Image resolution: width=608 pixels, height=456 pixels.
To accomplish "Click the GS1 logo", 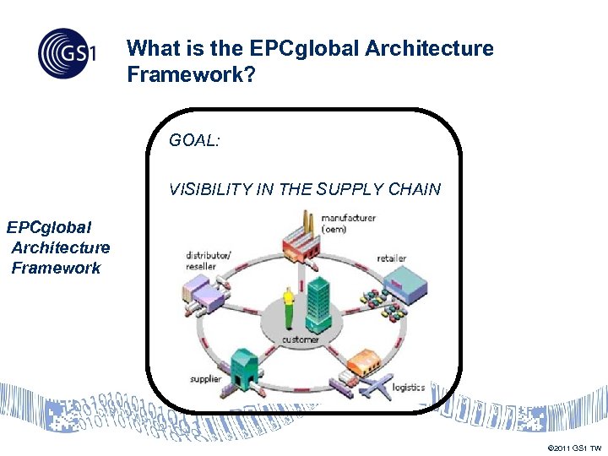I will [67, 52].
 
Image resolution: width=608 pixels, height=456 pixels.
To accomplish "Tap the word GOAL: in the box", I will [194, 141].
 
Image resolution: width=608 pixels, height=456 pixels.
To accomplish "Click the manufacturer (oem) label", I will [348, 224].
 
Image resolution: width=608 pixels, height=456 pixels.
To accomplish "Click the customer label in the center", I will [301, 339].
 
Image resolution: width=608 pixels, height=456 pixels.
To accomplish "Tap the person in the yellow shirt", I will [289, 307].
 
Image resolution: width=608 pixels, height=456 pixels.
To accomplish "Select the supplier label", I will [205, 379].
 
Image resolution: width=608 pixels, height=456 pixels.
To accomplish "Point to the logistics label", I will [410, 387].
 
